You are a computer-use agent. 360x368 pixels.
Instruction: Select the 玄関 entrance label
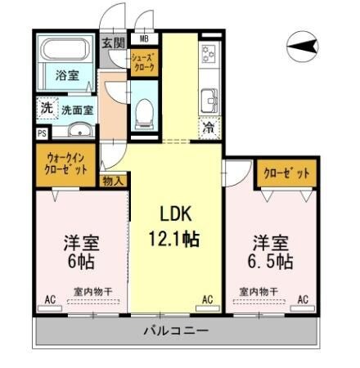point(113,43)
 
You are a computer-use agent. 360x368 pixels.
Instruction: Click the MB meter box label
point(144,38)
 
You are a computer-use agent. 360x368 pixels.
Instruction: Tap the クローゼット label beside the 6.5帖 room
point(286,173)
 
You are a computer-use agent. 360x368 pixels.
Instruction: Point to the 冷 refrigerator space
point(209,127)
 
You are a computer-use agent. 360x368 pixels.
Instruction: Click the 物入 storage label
point(113,181)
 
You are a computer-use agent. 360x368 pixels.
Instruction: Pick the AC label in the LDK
point(207,300)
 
